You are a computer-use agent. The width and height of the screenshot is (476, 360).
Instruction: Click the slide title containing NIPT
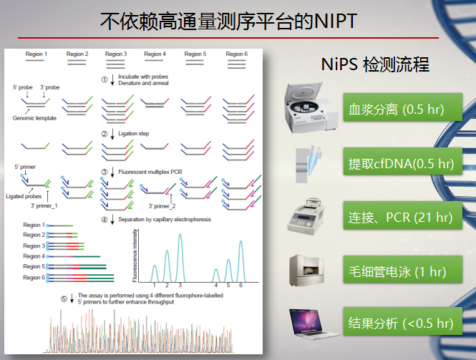coord(228,21)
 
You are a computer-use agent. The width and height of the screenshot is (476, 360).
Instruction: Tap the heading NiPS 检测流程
coord(375,64)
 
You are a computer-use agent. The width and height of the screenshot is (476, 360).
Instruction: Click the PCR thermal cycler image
coord(306,216)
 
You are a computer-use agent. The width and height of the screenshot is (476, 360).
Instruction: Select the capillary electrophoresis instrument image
coord(306,271)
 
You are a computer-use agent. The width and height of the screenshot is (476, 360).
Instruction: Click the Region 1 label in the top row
coord(36,54)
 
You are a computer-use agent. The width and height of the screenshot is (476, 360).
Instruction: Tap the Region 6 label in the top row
coord(236,54)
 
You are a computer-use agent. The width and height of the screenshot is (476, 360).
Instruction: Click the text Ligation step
coord(134,134)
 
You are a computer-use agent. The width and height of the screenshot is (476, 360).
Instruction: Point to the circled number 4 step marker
coord(105,220)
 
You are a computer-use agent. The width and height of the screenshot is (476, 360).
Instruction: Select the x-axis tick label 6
coord(241,286)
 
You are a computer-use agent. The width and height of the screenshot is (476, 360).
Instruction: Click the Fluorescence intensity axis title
coord(135,256)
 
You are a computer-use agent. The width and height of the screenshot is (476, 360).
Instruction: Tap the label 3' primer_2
coord(162,206)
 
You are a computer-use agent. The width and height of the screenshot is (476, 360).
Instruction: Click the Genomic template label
coord(34,118)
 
